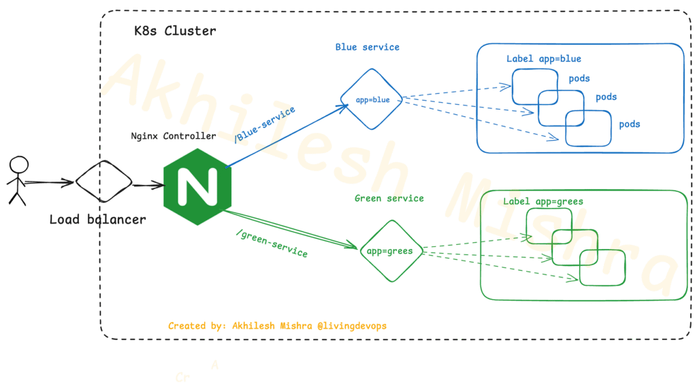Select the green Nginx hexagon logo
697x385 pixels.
pos(197,186)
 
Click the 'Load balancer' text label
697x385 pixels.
pos(97,220)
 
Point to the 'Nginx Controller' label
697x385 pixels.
pos(173,135)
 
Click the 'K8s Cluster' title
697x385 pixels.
pos(175,31)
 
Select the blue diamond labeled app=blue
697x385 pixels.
pos(372,99)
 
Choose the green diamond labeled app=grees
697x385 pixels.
pos(389,250)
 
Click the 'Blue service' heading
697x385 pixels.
pos(367,47)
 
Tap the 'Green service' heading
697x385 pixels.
pos(389,199)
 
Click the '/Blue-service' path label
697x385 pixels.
pos(265,125)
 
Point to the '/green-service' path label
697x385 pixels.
pos(270,242)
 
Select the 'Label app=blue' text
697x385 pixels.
pos(543,59)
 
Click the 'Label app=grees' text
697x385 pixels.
pos(542,202)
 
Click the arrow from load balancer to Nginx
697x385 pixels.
pos(147,184)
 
